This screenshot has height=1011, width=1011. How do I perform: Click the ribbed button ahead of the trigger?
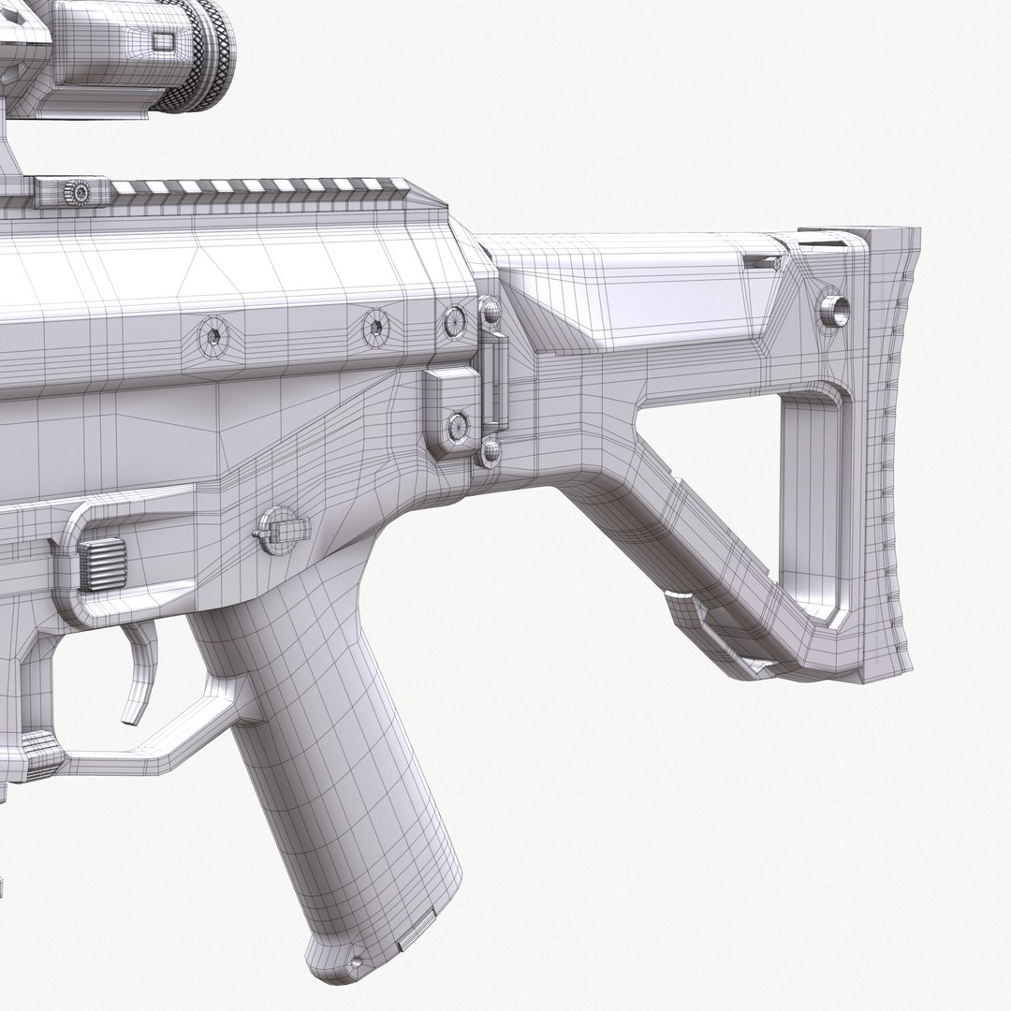[101, 562]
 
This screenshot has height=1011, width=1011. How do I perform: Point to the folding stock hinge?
[491, 384]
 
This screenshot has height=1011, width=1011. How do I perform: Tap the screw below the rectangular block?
[458, 427]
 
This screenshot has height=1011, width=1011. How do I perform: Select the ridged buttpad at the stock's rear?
[889, 449]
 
